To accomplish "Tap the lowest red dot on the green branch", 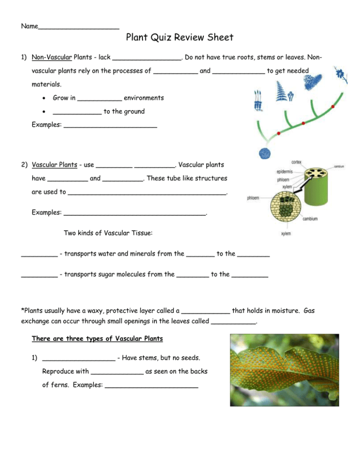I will (278, 134).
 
